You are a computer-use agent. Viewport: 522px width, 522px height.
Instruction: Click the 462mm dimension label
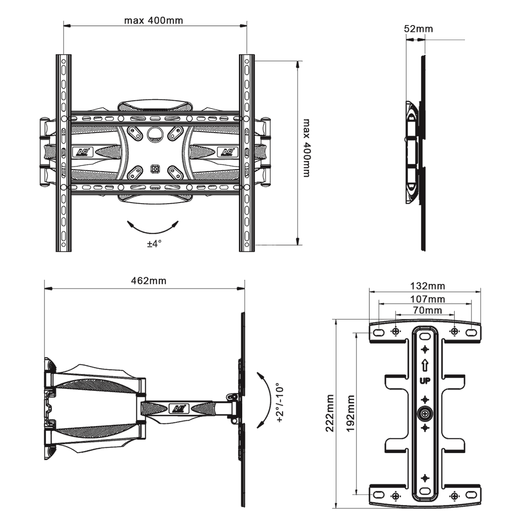pyautogui.click(x=149, y=281)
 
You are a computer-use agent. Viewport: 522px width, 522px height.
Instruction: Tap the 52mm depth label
pyautogui.click(x=418, y=29)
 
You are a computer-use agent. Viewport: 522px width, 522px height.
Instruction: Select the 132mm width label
pyautogui.click(x=428, y=286)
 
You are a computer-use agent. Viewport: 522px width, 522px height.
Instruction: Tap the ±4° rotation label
pyautogui.click(x=154, y=243)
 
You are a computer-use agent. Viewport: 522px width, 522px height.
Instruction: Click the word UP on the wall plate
pyautogui.click(x=425, y=379)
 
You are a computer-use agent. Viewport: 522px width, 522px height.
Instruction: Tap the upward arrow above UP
pyautogui.click(x=425, y=364)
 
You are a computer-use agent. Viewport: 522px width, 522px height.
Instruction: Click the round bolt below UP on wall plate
pyautogui.click(x=425, y=414)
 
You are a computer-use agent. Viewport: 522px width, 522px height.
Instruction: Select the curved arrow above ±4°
pyautogui.click(x=154, y=228)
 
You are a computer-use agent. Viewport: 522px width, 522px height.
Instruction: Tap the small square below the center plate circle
pyautogui.click(x=155, y=169)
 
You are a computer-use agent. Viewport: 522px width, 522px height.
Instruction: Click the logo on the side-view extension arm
pyautogui.click(x=179, y=407)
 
